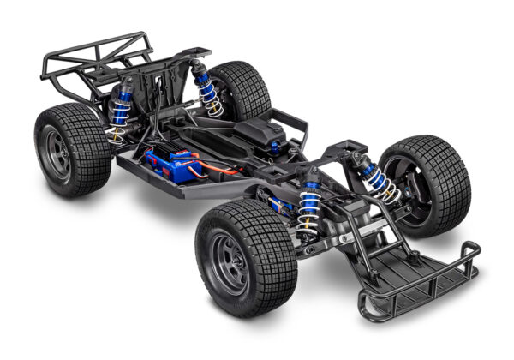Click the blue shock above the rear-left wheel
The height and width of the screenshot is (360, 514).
pos(121,108)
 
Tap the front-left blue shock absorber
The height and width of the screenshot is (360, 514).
pos(309,209)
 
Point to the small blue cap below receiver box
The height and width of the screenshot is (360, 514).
pos(274,147)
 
